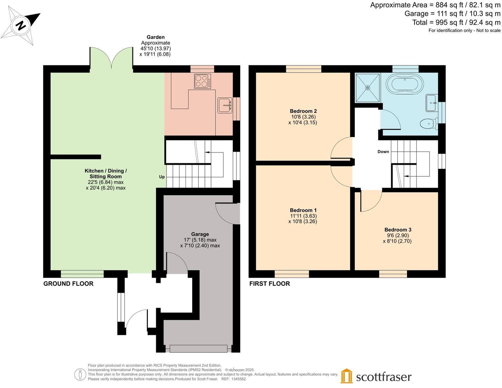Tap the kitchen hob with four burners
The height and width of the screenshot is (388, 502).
pyautogui.click(x=202, y=81)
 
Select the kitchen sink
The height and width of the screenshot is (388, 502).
pyautogui.click(x=225, y=105)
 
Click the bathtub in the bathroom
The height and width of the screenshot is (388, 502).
pyautogui.click(x=405, y=84)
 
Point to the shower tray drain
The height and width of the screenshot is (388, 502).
pyautogui.click(x=368, y=88)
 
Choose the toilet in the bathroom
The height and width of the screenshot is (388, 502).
pyautogui.click(x=428, y=124)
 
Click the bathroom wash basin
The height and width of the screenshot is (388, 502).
pyautogui.click(x=431, y=103)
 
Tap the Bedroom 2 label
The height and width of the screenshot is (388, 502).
pyautogui.click(x=303, y=111)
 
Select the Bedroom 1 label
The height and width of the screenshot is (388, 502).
pyautogui.click(x=303, y=210)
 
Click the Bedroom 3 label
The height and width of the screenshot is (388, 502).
pyautogui.click(x=398, y=230)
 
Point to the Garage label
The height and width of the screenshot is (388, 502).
pyautogui.click(x=200, y=234)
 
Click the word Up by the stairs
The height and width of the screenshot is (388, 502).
pyautogui.click(x=162, y=177)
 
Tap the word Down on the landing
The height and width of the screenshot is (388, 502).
pyautogui.click(x=383, y=152)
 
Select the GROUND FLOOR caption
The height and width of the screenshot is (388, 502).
pyautogui.click(x=68, y=283)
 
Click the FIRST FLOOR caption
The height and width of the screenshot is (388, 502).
pyautogui.click(x=269, y=283)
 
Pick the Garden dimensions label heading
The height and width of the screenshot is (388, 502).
pyautogui.click(x=155, y=37)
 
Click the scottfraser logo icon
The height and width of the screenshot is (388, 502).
pyautogui.click(x=346, y=376)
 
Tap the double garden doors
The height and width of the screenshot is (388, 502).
pyautogui.click(x=111, y=58)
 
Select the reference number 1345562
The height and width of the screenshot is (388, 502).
pyautogui.click(x=238, y=379)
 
